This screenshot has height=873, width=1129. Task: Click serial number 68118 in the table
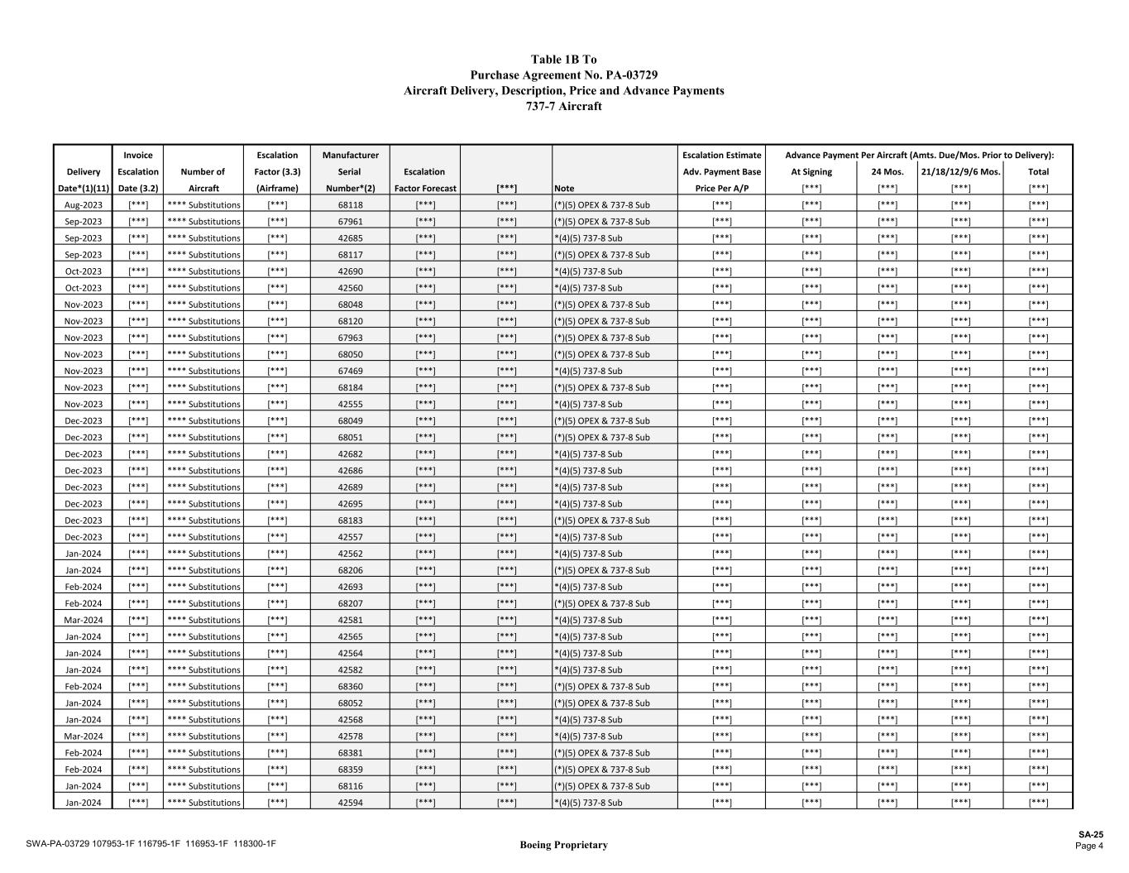(350, 204)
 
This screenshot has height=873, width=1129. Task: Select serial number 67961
(350, 221)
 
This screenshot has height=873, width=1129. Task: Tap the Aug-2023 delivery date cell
(83, 204)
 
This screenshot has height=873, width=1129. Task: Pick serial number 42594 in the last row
(350, 803)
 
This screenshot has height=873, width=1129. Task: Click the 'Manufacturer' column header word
(350, 155)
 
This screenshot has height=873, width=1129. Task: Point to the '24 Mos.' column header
(887, 172)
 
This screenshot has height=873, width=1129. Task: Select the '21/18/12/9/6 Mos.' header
(960, 172)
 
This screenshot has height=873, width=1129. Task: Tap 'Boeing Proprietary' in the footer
(563, 845)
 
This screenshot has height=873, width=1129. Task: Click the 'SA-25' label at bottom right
(1090, 835)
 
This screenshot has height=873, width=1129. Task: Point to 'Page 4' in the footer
(1088, 846)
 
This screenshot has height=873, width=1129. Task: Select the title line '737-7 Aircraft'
(563, 106)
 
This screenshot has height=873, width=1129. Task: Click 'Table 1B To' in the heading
(563, 60)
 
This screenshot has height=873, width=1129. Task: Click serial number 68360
(350, 687)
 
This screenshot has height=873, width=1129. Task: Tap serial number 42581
(350, 620)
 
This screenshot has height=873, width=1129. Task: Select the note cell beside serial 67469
(588, 371)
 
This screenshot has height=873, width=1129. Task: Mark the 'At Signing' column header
(811, 172)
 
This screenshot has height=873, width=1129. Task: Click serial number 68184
(350, 387)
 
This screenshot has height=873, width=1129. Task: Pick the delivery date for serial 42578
(83, 736)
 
